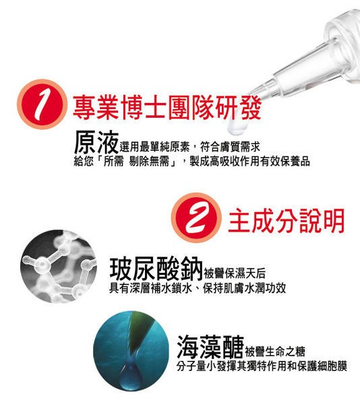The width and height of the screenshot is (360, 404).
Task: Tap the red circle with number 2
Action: [x=196, y=217]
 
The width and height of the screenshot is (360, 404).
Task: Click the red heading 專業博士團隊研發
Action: [x=167, y=108]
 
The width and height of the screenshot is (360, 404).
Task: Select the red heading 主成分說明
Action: [x=287, y=221]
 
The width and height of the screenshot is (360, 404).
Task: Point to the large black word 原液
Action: [x=96, y=142]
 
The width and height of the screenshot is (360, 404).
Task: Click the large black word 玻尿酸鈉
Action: [x=156, y=269]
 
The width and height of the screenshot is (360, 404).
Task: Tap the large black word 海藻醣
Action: [x=210, y=347]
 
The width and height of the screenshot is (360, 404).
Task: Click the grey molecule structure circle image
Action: [x=59, y=266]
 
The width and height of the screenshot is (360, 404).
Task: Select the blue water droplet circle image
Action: [x=131, y=351]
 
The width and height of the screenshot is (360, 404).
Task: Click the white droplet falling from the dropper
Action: [x=237, y=127]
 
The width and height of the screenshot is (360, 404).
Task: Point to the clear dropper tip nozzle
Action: [x=260, y=92]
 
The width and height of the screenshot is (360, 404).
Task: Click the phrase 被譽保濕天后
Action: [x=235, y=273]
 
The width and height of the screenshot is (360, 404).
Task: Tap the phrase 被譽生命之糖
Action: [x=275, y=351]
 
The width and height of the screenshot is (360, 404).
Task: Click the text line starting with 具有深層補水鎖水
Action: [x=198, y=288]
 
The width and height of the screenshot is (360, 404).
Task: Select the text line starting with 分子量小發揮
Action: [x=262, y=366]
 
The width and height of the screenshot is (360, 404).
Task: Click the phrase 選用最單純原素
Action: [x=155, y=147]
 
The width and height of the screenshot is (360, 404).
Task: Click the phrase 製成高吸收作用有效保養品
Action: [x=249, y=162]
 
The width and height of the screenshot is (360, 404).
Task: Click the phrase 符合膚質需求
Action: [x=230, y=147]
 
